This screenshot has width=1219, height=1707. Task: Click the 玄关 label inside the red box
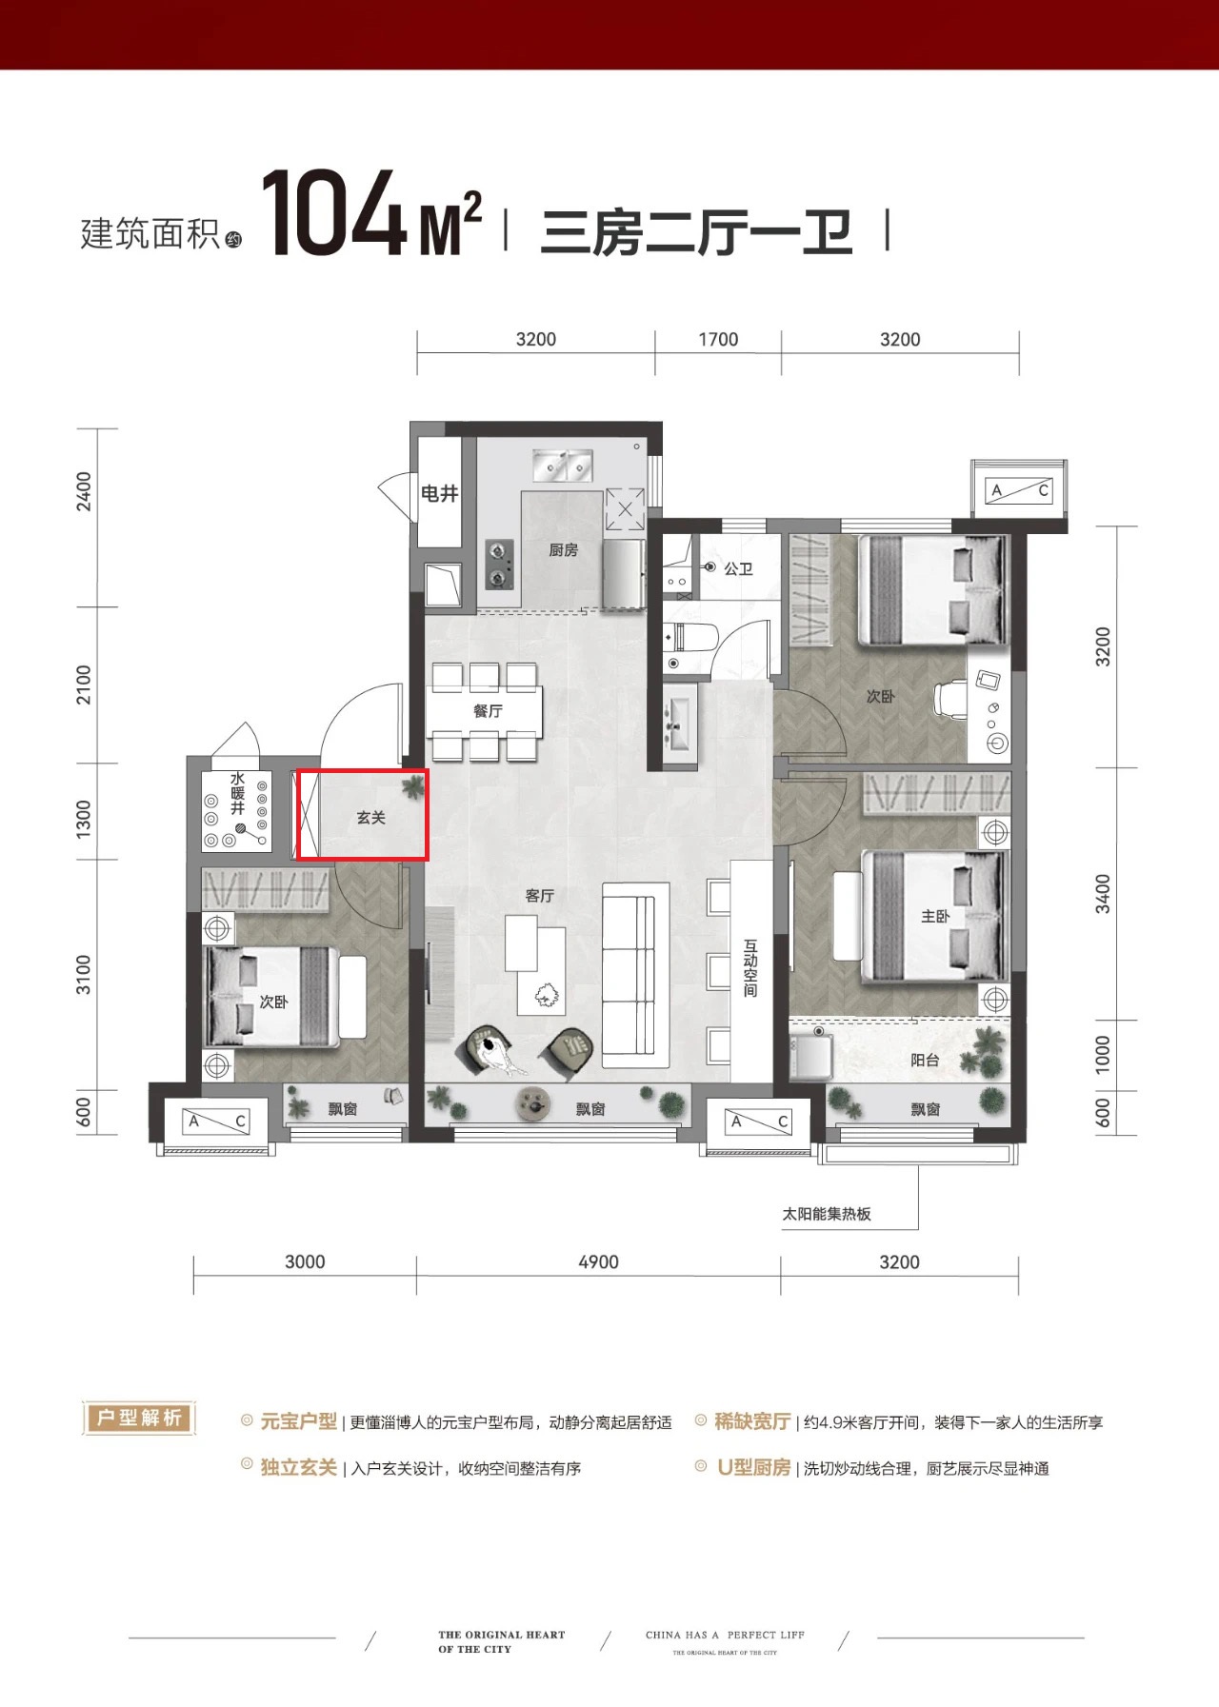coord(370,818)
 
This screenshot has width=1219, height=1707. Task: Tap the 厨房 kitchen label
coord(563,550)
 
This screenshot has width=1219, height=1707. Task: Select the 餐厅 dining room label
coord(488,711)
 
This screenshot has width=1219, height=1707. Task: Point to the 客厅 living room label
coord(539,896)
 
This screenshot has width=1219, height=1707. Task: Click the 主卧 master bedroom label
coord(935,916)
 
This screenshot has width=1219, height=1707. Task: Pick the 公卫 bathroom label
coord(738,568)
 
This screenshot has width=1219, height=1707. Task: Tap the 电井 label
coord(440,493)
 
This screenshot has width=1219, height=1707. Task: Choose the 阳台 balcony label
coord(925,1060)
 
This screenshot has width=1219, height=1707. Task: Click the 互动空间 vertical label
coord(750,968)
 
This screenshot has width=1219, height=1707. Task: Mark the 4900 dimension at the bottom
coord(598,1261)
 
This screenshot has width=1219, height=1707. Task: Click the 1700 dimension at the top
coord(718,340)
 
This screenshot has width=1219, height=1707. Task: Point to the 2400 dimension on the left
coord(85,491)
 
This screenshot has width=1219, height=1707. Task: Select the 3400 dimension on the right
coord(1102,894)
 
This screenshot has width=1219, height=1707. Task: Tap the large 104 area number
coord(335,215)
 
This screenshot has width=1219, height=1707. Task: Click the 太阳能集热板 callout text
coord(827,1214)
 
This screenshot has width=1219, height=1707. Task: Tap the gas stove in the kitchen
coord(500,565)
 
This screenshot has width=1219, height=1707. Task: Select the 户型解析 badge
coord(139,1419)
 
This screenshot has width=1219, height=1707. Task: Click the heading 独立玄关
coord(298,1467)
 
